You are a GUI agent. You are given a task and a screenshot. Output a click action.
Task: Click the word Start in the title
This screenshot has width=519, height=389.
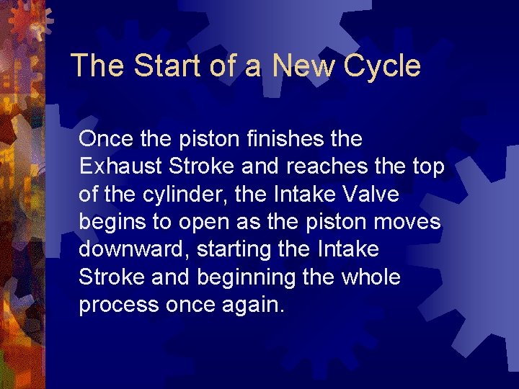click(x=154, y=66)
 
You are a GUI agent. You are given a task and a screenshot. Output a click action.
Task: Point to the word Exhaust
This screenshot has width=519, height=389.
click(x=121, y=166)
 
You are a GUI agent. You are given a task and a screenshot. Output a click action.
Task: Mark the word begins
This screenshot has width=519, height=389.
click(x=111, y=222)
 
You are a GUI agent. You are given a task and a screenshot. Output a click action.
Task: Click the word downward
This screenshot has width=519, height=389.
click(x=130, y=249)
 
